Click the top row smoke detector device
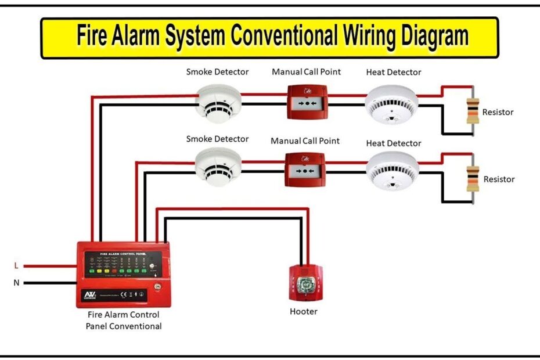[217, 103]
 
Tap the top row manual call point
[308, 102]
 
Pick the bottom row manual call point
[305, 169]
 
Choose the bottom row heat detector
[392, 171]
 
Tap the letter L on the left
[16, 266]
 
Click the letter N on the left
[16, 283]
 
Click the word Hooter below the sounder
[304, 312]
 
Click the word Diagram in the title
[440, 37]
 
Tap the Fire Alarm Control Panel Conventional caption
[124, 321]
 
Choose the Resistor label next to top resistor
[498, 112]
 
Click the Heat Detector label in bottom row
[394, 143]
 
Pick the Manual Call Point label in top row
[306, 72]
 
